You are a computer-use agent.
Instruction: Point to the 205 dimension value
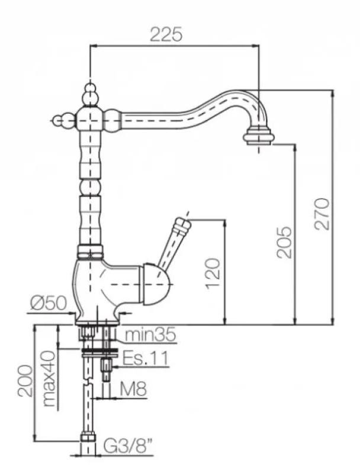tap(285, 241)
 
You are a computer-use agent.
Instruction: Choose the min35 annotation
tap(150, 336)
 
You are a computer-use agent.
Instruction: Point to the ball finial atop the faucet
tap(89, 91)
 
